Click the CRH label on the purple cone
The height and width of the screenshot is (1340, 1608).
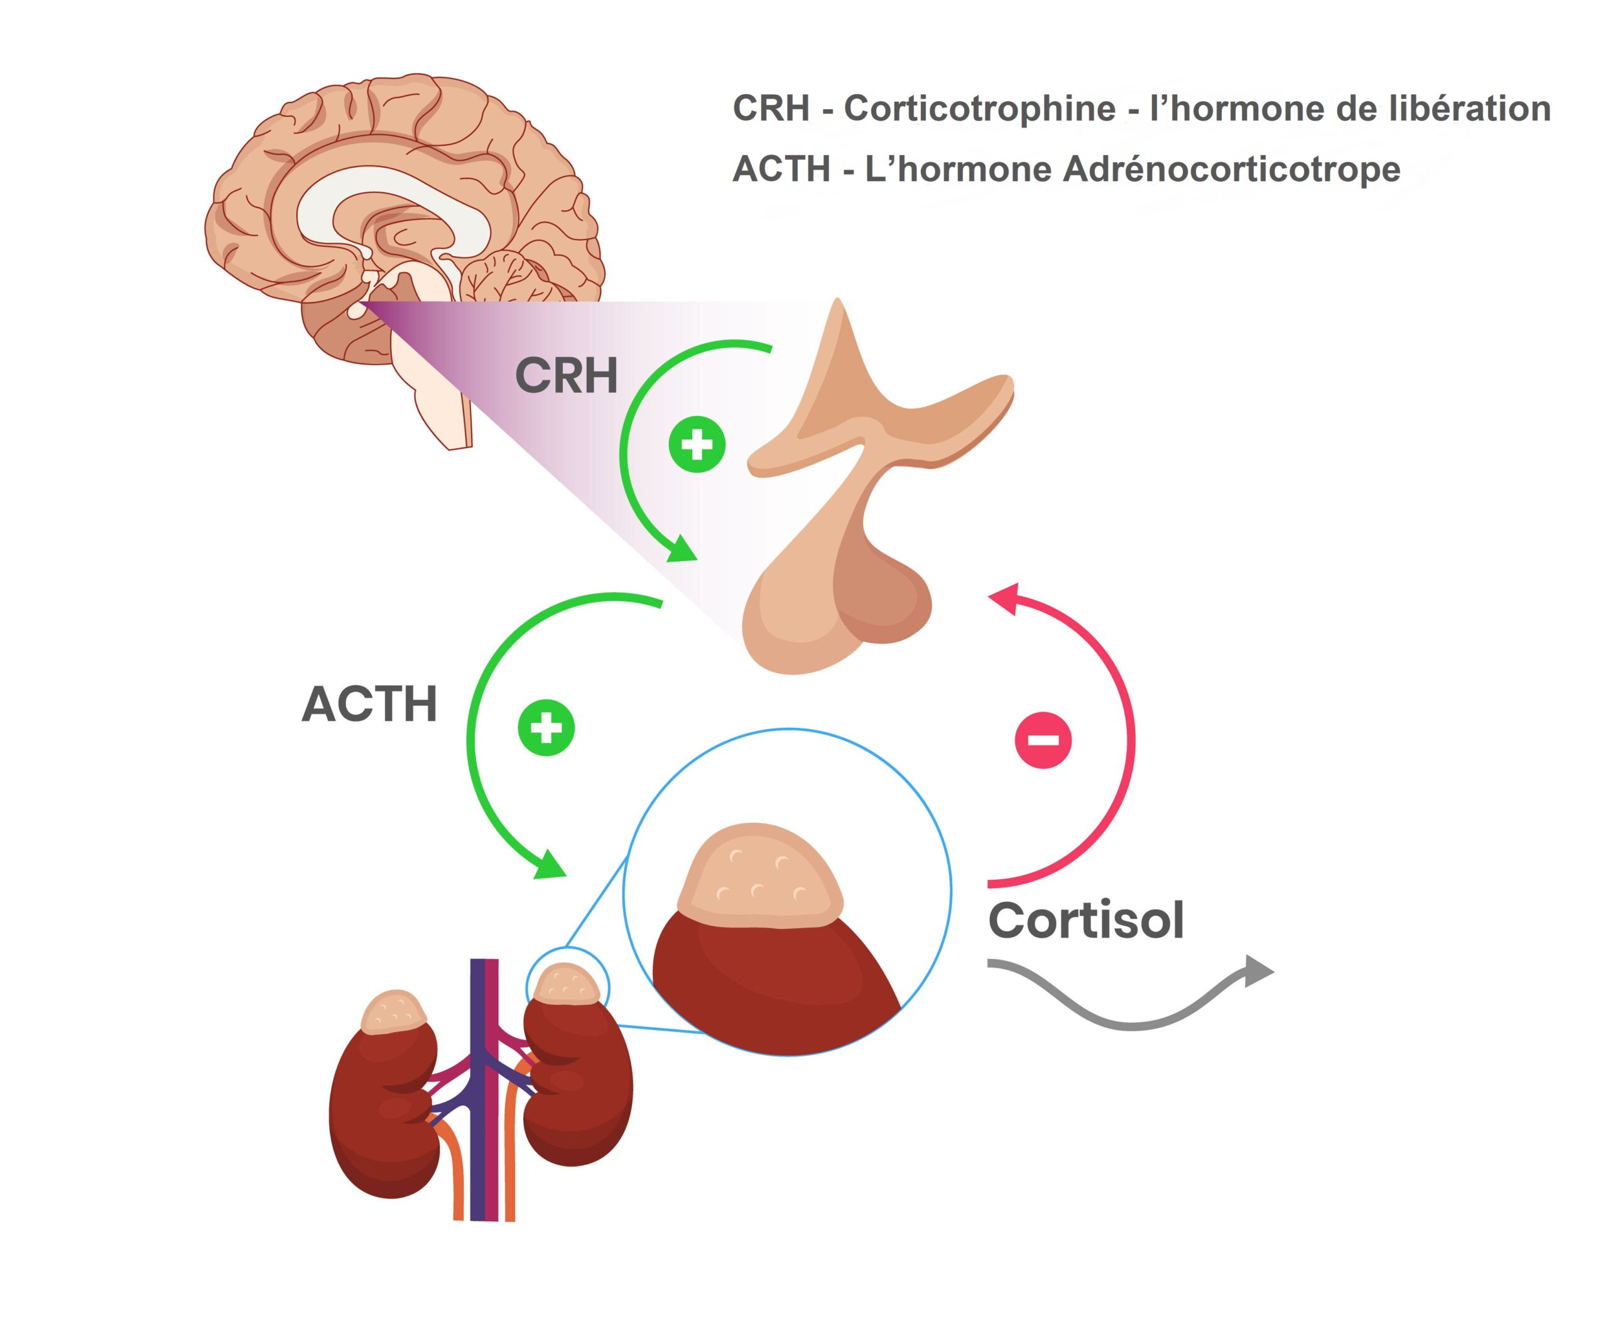[x=566, y=375]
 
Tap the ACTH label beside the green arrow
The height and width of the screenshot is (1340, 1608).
[x=369, y=704]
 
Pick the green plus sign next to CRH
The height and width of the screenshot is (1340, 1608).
[x=697, y=444]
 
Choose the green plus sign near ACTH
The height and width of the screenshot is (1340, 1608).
[x=546, y=727]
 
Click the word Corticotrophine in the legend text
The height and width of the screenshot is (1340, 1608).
[x=979, y=108]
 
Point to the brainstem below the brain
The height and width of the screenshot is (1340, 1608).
[x=437, y=391]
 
